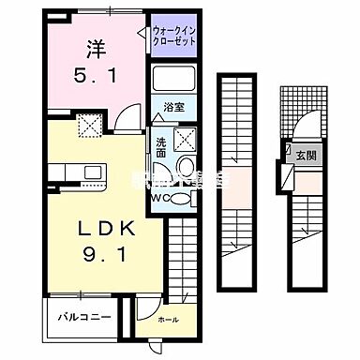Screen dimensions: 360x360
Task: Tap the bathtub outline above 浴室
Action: point(173,81)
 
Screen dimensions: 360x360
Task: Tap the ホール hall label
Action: point(168,320)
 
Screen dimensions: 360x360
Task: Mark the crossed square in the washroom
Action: point(182,140)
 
